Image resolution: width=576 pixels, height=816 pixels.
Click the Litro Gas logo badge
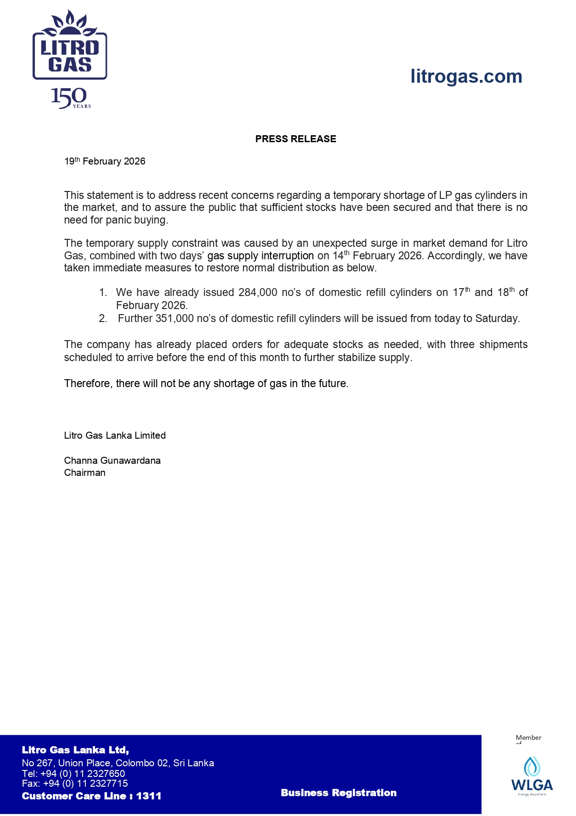pyautogui.click(x=70, y=46)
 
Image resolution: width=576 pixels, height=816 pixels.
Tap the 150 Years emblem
pyautogui.click(x=70, y=98)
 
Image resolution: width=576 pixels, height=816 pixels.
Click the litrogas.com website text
pyautogui.click(x=466, y=77)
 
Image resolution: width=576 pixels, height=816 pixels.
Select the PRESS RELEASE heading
pyautogui.click(x=296, y=139)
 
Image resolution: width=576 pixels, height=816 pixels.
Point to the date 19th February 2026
pyautogui.click(x=105, y=161)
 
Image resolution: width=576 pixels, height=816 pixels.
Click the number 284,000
pyautogui.click(x=258, y=293)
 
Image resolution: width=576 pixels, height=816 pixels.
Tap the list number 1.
pyautogui.click(x=103, y=293)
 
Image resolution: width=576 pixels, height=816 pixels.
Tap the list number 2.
pyautogui.click(x=103, y=319)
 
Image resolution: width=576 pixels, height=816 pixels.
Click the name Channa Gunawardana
pyautogui.click(x=112, y=461)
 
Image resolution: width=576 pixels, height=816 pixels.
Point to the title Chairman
pyautogui.click(x=84, y=473)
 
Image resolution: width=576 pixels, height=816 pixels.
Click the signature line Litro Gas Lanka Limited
pyautogui.click(x=115, y=435)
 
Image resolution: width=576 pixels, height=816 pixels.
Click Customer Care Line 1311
pyautogui.click(x=91, y=796)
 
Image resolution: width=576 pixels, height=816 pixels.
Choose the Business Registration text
pyautogui.click(x=338, y=793)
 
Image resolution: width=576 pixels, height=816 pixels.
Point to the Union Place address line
pyautogui.click(x=118, y=763)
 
